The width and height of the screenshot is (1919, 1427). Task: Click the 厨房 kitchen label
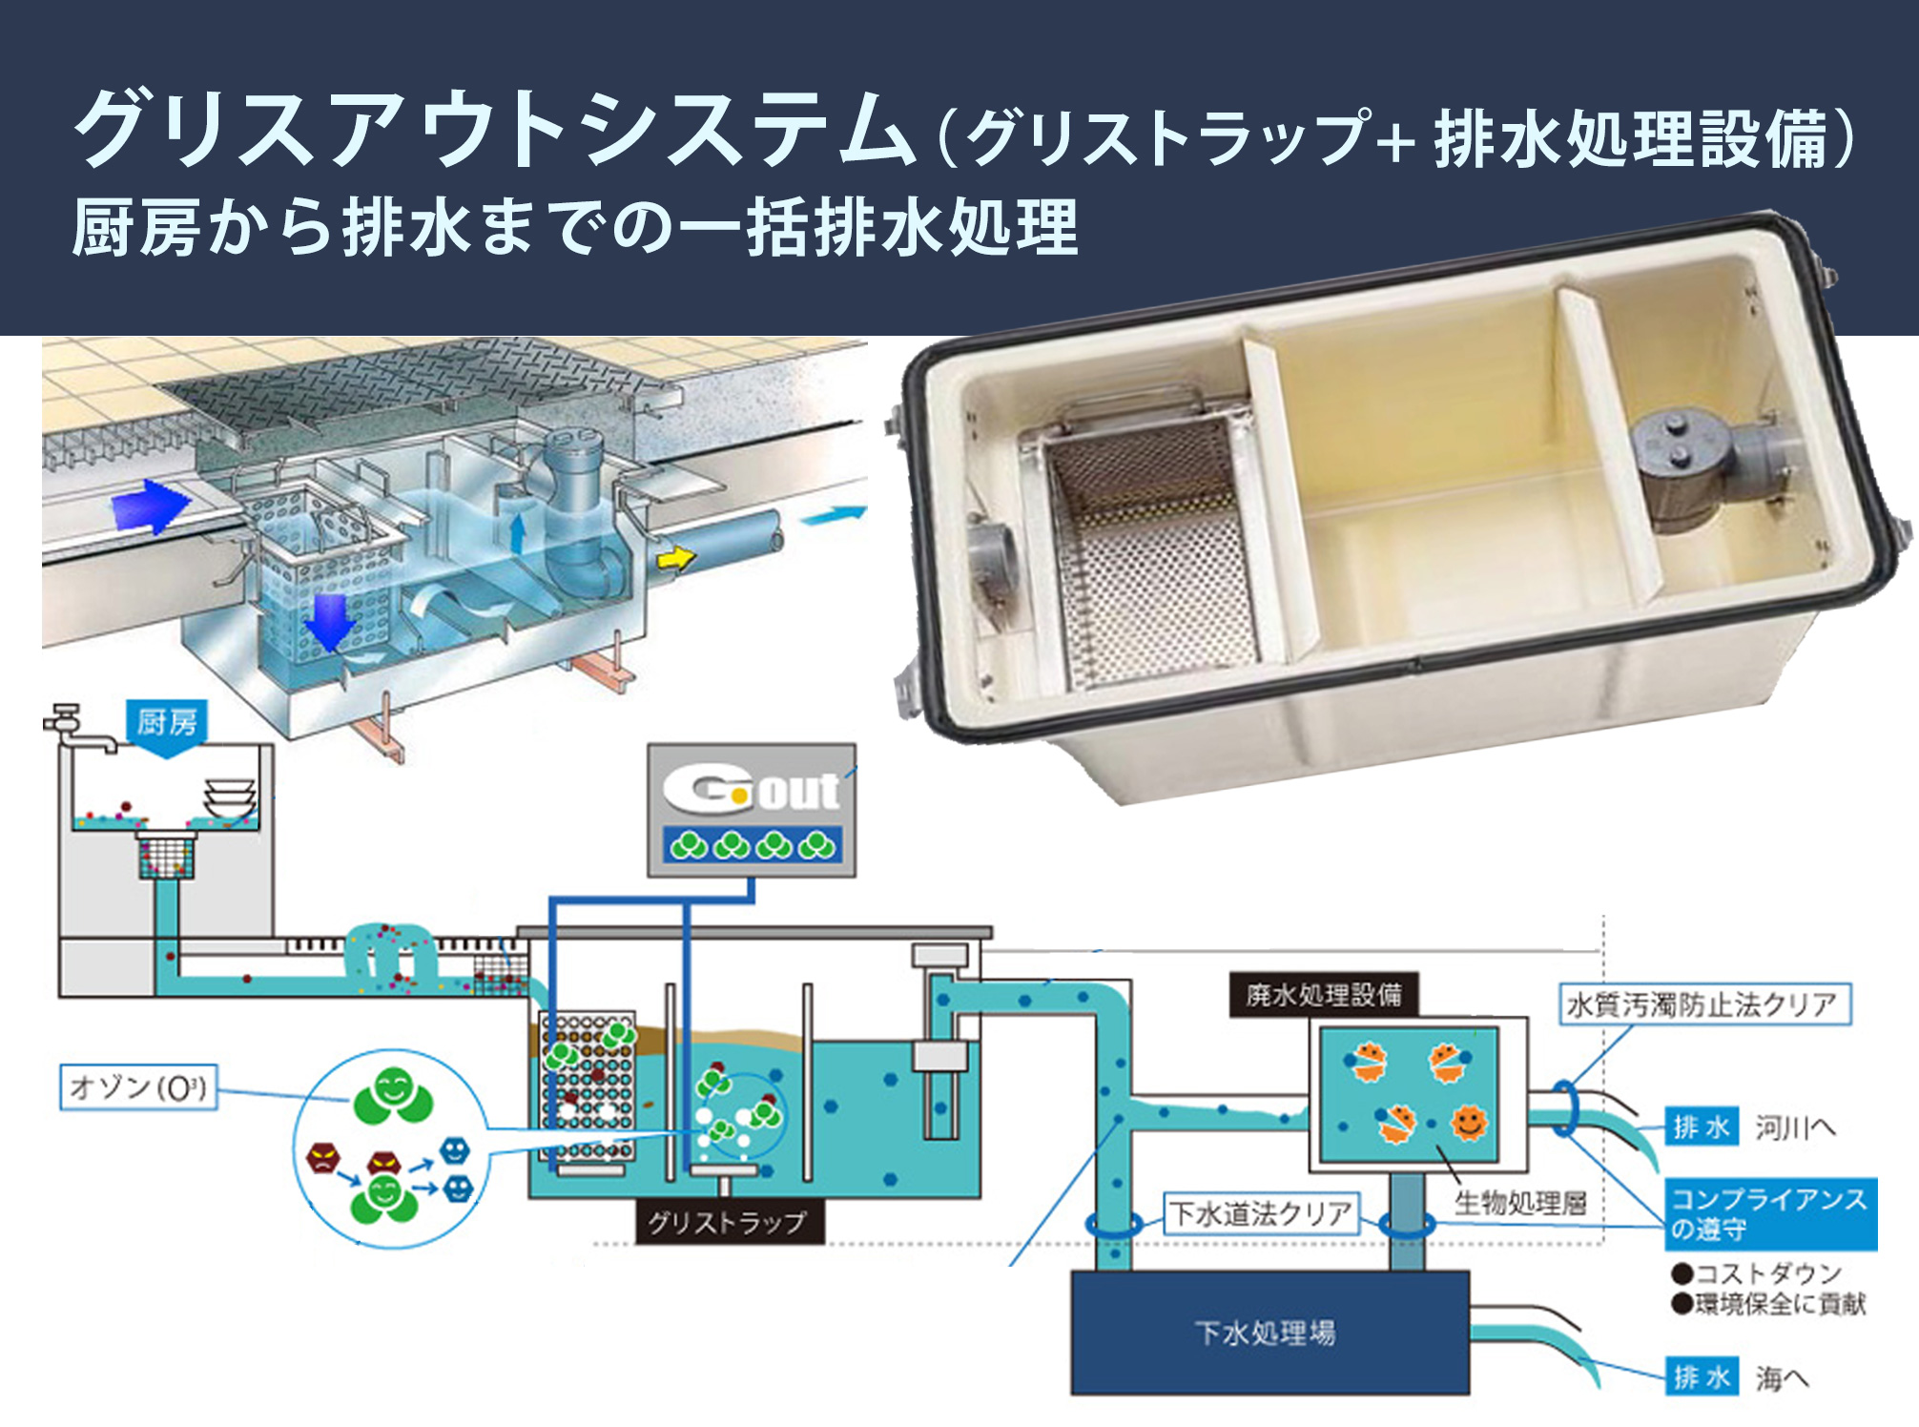coord(167,722)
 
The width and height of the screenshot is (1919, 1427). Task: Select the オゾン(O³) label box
coord(139,1087)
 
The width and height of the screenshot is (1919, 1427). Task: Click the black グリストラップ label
coord(728,1222)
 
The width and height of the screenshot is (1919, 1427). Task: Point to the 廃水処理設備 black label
coord(1323,996)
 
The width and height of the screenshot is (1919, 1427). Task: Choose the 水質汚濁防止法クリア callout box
coord(1704,1004)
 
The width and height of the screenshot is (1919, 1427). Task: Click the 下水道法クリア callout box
coord(1261,1213)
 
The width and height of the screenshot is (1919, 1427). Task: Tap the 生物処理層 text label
coord(1520,1203)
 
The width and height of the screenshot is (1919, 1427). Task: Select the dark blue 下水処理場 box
coord(1269,1333)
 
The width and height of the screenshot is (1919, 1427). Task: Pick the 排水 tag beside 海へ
coord(1702,1377)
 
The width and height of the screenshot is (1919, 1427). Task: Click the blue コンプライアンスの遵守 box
coord(1770,1213)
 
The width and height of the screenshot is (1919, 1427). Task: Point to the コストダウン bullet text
coord(1758,1273)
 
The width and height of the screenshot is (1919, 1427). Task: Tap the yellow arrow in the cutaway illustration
coord(676,558)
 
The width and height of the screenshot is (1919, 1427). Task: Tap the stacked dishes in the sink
coord(230,799)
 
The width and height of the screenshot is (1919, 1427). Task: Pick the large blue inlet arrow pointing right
coord(148,506)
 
